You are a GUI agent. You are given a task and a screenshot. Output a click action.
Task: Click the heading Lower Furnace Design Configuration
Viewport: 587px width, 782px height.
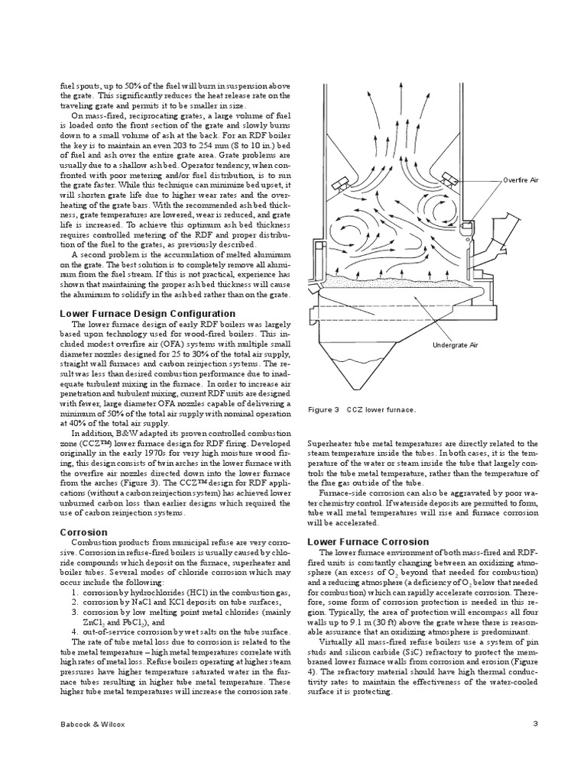click(x=148, y=314)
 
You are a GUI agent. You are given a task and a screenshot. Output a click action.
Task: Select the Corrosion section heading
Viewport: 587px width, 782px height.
click(x=83, y=532)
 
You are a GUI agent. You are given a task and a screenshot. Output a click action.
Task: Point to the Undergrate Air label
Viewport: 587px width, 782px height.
click(x=455, y=345)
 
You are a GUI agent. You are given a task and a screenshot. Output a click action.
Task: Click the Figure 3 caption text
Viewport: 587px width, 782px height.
click(x=362, y=410)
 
